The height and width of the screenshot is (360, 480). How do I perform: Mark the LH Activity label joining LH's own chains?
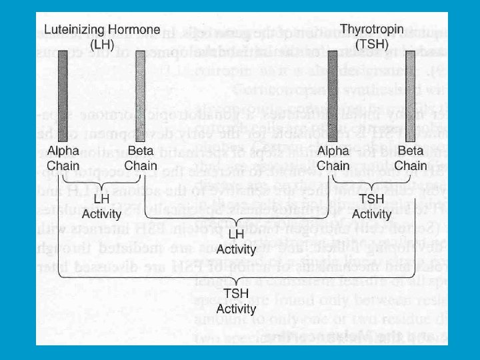tap(101, 207)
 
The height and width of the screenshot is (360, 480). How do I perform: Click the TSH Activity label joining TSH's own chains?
tap(371, 207)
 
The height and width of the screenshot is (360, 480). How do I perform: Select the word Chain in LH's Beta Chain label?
tap(141, 165)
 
